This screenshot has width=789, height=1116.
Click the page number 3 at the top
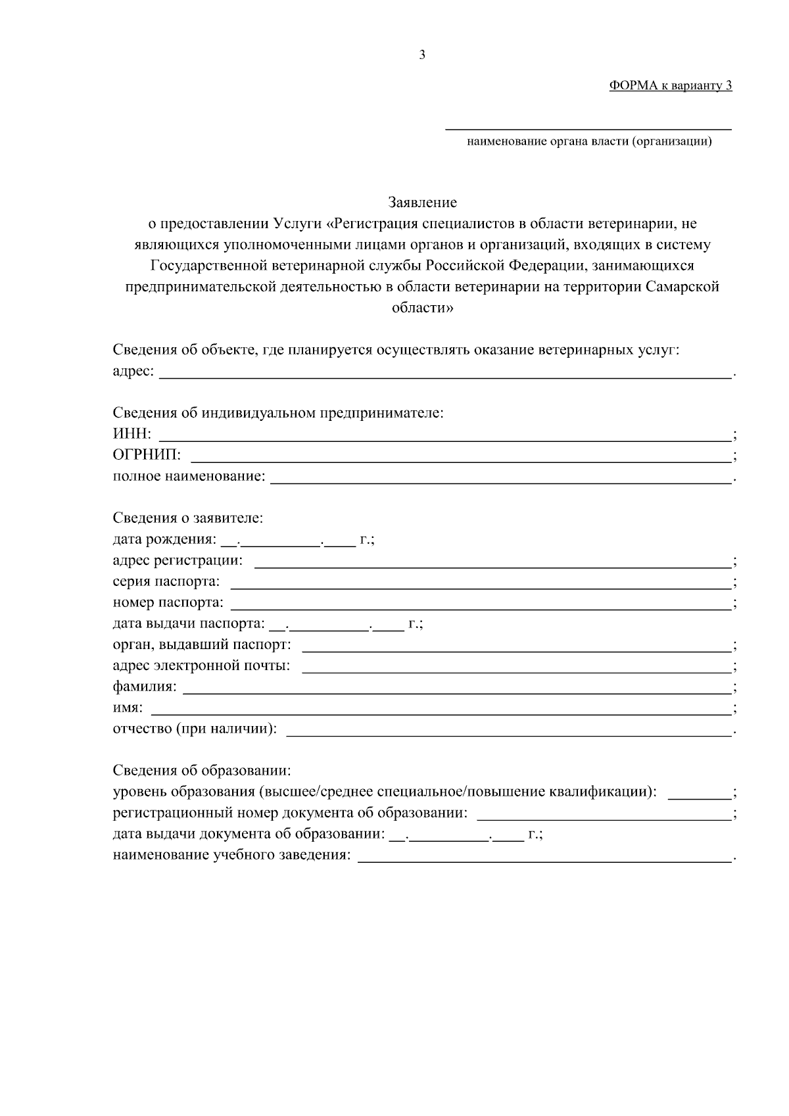tap(422, 55)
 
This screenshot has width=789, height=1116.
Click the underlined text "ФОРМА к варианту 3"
tap(670, 85)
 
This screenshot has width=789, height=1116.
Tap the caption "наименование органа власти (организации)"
tap(589, 141)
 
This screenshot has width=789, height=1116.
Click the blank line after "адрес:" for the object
tap(446, 372)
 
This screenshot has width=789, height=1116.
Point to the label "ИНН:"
tap(131, 435)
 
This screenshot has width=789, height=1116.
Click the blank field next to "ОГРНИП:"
tap(460, 456)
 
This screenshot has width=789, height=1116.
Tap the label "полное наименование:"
tap(189, 476)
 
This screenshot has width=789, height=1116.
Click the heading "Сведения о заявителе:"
tap(188, 518)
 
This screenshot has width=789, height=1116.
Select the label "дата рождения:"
tap(164, 540)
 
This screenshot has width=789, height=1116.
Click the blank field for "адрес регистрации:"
tap(493, 561)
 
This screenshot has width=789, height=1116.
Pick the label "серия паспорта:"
tap(166, 582)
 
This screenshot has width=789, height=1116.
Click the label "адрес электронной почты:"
tap(201, 666)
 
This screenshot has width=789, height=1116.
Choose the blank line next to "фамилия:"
tap(457, 687)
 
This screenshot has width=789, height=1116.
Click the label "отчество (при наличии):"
tap(195, 729)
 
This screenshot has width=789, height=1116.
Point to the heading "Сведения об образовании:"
tap(202, 771)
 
